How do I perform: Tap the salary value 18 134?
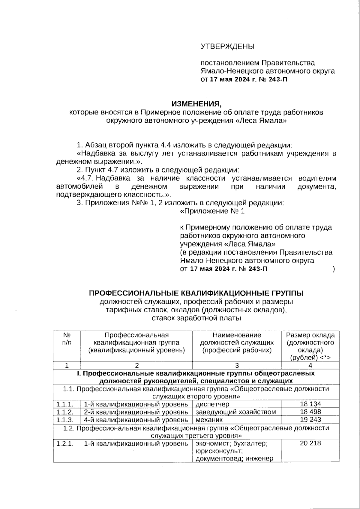tap(310, 404)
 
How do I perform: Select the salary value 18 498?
tap(310, 412)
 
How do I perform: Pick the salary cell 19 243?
tap(310, 420)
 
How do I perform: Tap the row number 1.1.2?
tap(65, 412)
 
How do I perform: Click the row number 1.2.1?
tap(65, 443)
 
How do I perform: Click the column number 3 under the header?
tap(237, 365)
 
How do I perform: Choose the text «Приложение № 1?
tap(212, 211)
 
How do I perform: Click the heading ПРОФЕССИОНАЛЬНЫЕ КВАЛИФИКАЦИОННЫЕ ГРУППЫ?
tap(196, 293)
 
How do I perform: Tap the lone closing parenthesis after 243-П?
tap(334, 269)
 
